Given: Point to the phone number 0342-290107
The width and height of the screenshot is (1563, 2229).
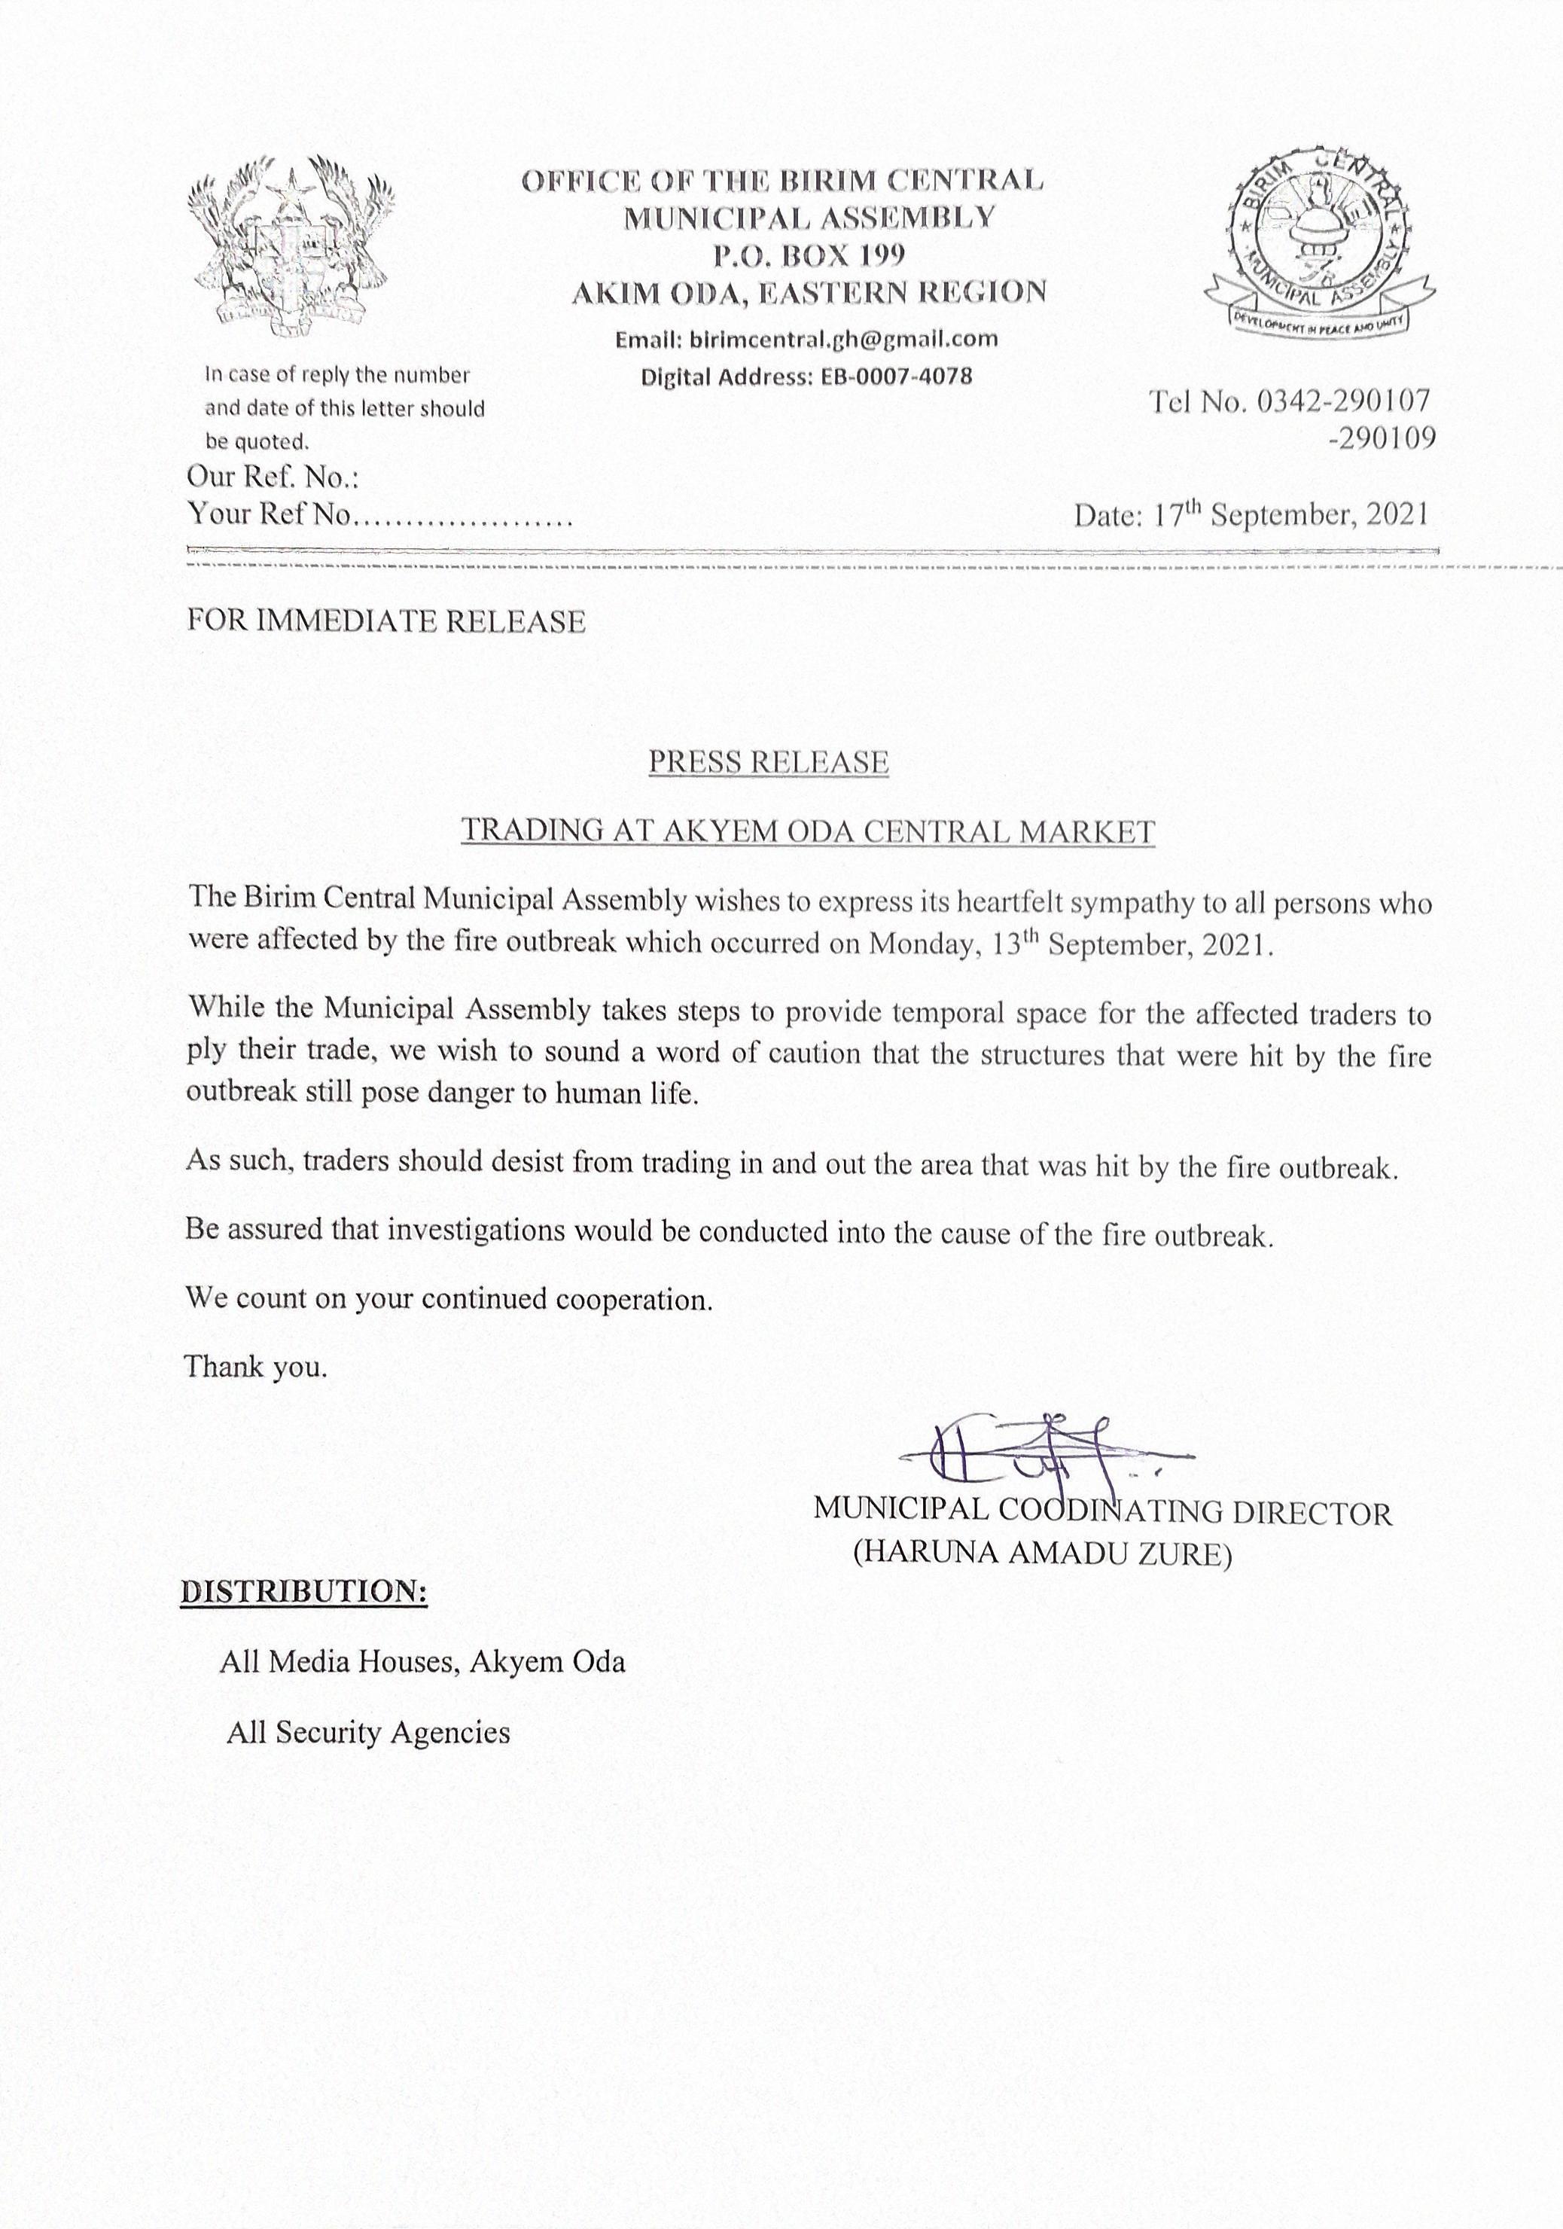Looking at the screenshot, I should (1344, 401).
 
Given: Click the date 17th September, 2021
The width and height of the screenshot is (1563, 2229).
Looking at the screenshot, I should (1291, 514).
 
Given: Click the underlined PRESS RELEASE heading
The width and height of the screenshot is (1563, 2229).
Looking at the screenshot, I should (768, 762).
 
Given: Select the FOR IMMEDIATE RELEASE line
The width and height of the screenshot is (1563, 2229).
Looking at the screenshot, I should (386, 621).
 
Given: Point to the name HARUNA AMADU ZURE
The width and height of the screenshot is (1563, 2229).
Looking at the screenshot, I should (1043, 1554).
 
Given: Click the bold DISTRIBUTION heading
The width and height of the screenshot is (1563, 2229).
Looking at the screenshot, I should (304, 1592).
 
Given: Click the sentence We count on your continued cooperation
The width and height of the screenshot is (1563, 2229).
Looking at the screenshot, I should (449, 1299).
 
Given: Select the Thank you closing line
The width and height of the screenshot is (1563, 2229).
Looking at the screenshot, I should (256, 1367).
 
